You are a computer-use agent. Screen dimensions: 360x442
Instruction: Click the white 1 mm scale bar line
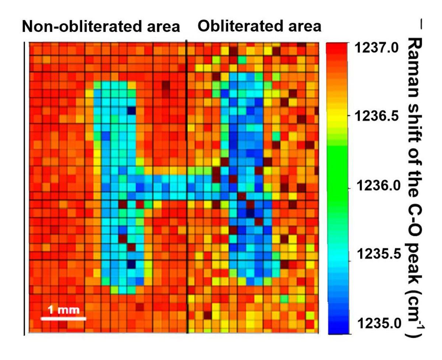tap(63, 318)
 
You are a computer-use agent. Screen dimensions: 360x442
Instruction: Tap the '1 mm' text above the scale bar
tap(63, 310)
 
